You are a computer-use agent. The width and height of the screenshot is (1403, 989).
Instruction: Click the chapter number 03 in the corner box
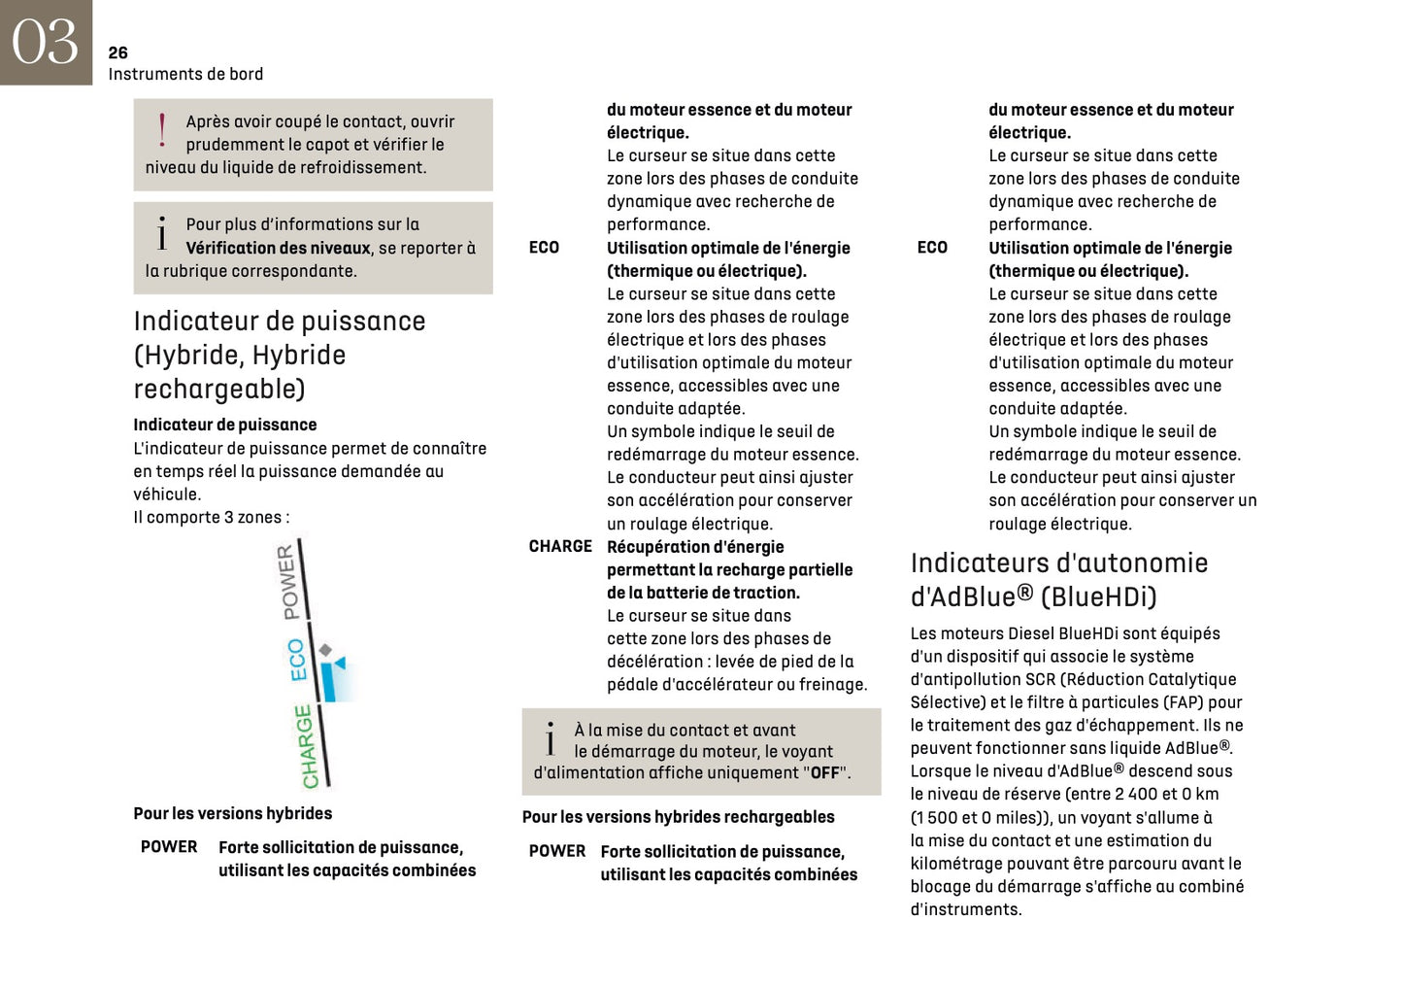click(45, 42)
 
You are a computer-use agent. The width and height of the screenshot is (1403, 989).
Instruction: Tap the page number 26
click(117, 52)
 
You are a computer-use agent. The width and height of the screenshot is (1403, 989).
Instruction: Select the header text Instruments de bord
click(185, 74)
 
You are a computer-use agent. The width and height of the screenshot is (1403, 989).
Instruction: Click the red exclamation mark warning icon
click(162, 129)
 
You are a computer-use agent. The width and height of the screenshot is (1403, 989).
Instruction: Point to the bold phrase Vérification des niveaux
click(278, 248)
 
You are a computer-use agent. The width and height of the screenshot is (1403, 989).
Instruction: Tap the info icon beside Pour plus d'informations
click(162, 233)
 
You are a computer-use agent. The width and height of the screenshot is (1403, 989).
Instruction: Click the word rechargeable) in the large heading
click(218, 389)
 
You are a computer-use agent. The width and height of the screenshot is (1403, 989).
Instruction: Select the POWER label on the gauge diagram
click(288, 582)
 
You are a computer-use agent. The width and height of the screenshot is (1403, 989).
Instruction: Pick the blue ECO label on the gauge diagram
click(297, 660)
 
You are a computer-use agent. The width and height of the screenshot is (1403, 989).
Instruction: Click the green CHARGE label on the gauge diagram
click(306, 746)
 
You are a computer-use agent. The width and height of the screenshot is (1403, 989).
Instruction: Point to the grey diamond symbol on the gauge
click(326, 649)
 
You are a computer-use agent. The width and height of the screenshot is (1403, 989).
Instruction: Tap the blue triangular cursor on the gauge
click(339, 663)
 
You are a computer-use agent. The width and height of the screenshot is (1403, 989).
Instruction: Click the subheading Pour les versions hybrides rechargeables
click(678, 817)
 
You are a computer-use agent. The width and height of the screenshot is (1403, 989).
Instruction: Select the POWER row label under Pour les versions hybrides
click(169, 847)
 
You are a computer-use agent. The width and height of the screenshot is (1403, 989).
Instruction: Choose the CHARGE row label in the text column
click(560, 546)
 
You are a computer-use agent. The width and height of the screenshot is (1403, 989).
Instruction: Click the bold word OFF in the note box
click(824, 773)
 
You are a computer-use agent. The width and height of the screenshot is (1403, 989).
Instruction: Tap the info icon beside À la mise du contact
click(551, 739)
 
